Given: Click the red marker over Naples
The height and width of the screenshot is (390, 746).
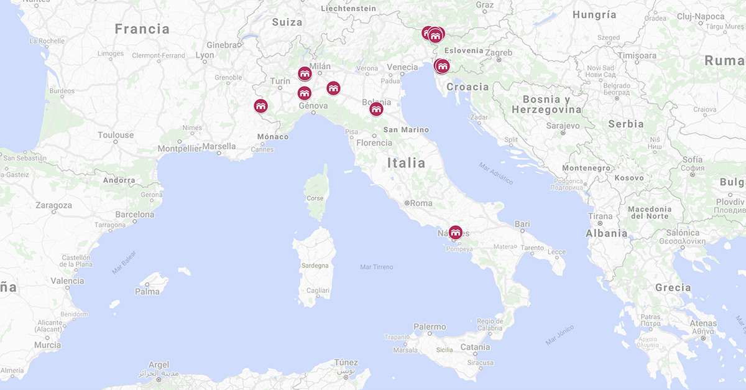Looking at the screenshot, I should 456,233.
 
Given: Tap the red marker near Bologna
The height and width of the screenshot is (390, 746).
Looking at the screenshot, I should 376,109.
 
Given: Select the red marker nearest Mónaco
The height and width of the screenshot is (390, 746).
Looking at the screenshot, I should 261,106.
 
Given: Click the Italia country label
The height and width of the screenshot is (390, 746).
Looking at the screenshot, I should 406,163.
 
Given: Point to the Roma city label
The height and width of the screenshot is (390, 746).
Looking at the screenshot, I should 421,203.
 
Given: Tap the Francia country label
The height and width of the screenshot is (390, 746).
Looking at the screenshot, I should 142,29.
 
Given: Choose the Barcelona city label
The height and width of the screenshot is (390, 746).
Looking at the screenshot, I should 134,215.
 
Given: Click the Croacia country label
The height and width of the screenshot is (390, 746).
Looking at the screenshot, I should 467,87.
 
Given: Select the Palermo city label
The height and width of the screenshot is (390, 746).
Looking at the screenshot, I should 430,327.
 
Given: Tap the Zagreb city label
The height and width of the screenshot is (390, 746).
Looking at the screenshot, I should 499,53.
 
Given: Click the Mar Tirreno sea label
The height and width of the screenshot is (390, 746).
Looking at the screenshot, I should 377,267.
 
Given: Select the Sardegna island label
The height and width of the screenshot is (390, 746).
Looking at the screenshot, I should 315,266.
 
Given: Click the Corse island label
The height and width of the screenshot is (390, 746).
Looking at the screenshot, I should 315,198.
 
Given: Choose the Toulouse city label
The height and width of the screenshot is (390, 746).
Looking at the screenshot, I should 116,135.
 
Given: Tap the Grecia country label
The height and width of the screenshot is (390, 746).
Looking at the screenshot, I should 673,287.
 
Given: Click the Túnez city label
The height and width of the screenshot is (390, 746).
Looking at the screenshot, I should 346,363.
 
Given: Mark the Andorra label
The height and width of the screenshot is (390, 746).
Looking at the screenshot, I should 119,180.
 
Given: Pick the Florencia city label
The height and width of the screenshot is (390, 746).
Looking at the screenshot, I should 374,143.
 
